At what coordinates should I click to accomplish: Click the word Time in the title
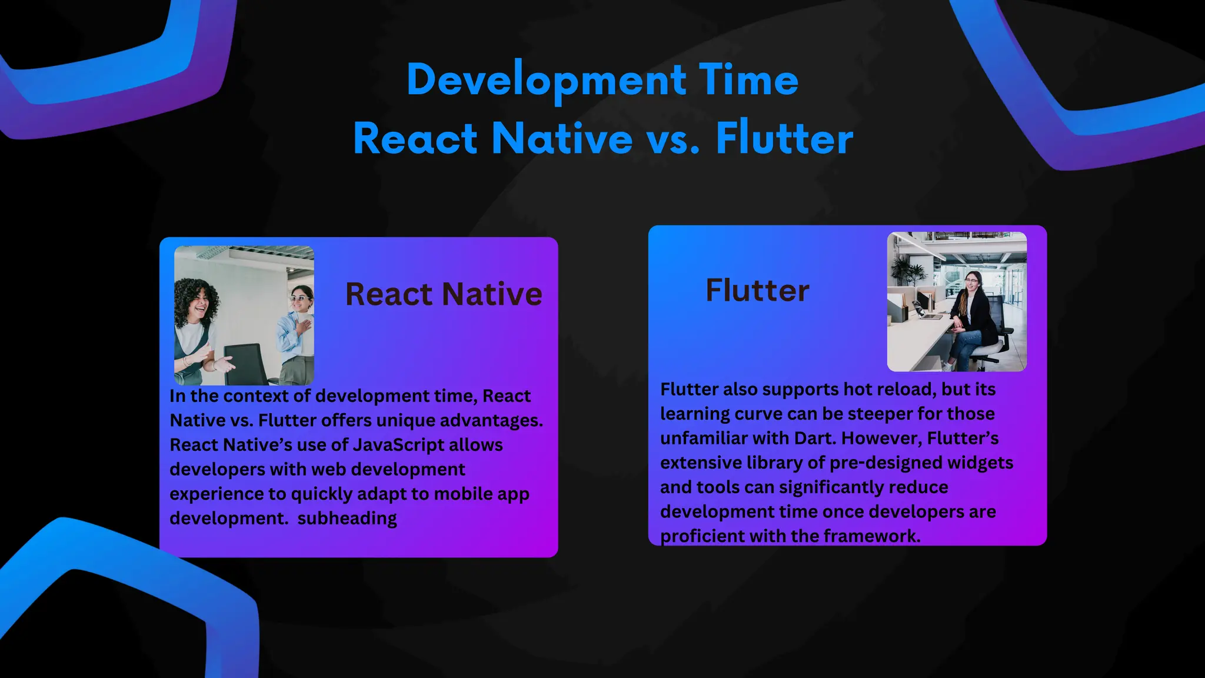(748, 80)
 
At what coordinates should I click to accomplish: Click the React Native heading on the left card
(444, 294)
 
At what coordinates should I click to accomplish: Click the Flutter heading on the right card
(757, 291)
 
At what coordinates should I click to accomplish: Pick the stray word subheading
(347, 519)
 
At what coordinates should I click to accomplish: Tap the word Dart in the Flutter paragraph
(815, 438)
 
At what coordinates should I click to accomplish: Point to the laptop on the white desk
(930, 315)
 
